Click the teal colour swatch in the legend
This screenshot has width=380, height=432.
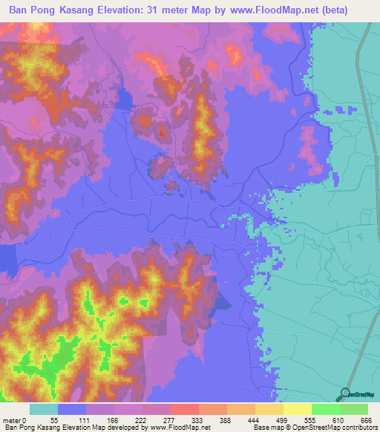(44, 409)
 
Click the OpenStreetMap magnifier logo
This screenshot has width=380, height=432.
(344, 393)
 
